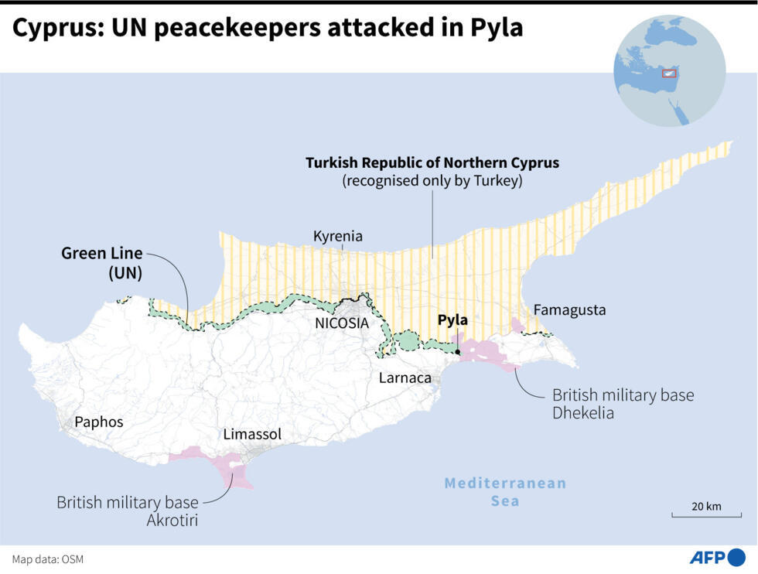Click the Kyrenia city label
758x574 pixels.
[x=337, y=236]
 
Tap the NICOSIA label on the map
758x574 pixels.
[x=342, y=323]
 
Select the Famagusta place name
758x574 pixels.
[x=569, y=310]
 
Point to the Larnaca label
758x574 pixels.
[x=405, y=378]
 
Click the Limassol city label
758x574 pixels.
[x=252, y=434]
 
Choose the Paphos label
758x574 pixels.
[x=98, y=422]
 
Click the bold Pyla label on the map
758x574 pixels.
[x=452, y=319]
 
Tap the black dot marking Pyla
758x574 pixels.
[x=459, y=352]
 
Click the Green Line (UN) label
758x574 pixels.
[x=102, y=262]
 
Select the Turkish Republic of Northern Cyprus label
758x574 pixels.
[x=432, y=163]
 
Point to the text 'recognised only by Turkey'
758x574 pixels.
[x=432, y=181]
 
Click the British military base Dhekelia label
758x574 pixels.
[x=623, y=404]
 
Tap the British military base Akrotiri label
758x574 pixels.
[x=128, y=511]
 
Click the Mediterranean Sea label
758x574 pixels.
[x=504, y=492]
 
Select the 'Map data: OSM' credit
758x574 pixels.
[x=47, y=559]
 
